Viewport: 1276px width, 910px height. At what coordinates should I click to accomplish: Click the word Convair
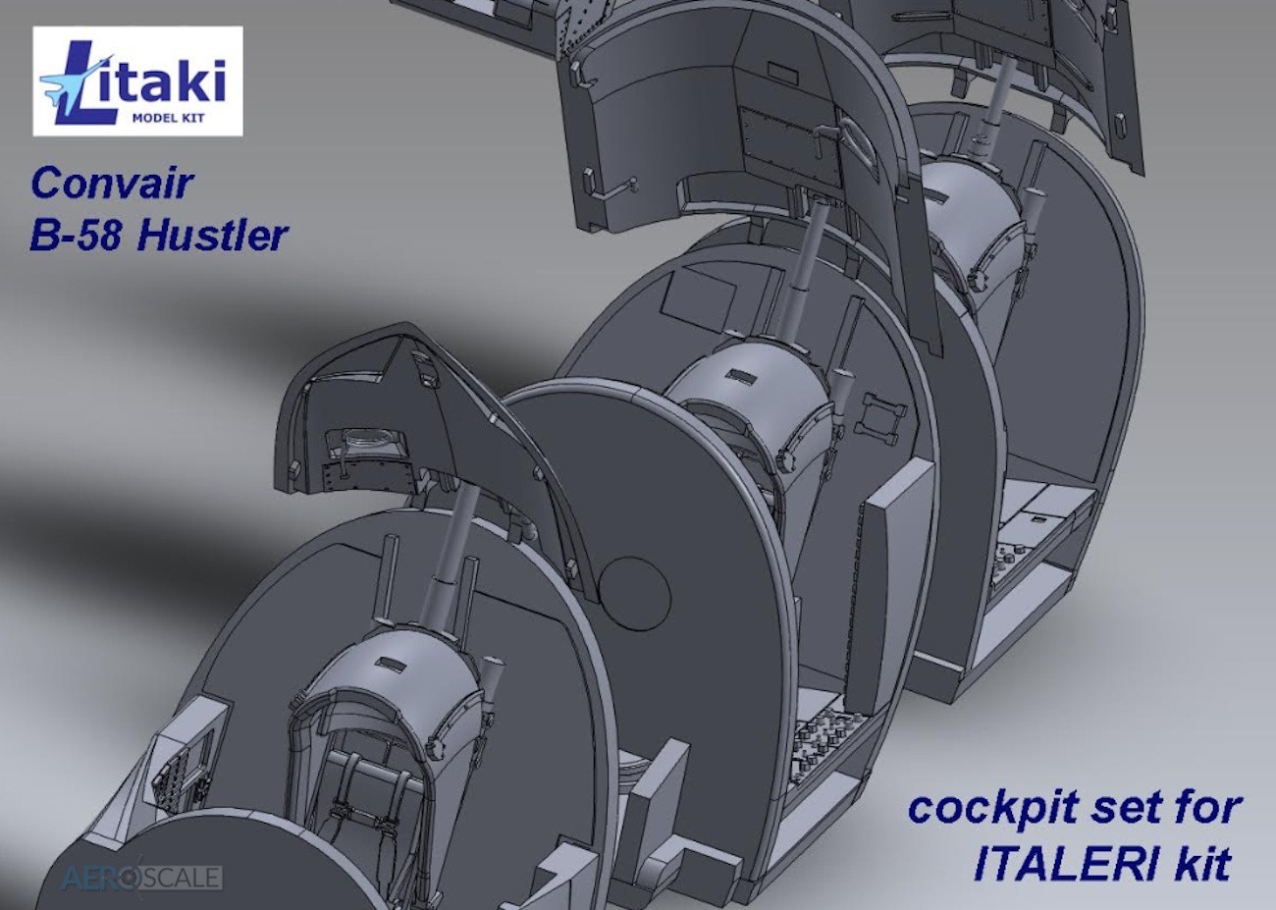click(112, 184)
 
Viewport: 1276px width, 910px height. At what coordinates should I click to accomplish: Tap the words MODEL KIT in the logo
click(168, 119)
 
